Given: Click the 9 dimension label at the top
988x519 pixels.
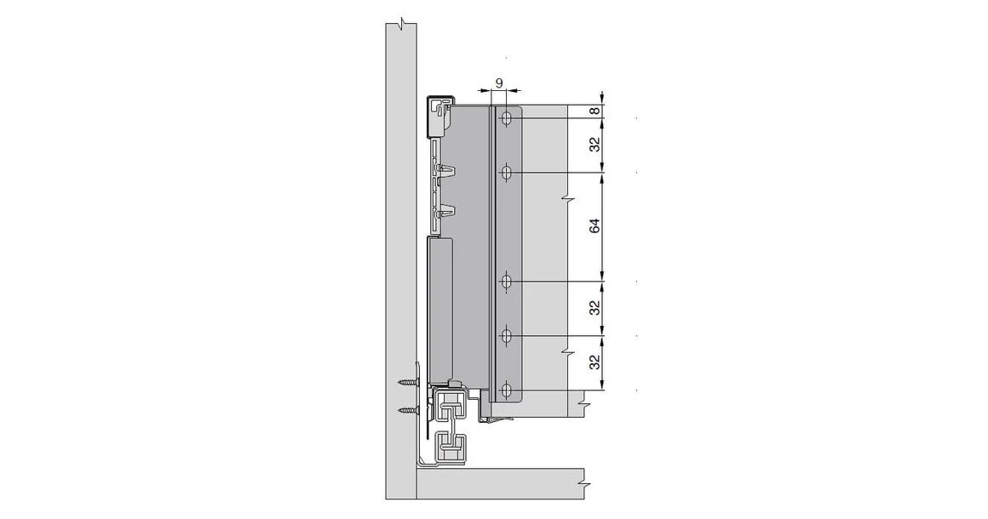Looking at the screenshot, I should pos(500,83).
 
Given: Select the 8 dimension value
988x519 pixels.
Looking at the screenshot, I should pos(595,111).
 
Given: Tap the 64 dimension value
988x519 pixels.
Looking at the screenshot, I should pos(595,226).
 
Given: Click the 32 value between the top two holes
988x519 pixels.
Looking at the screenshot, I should pos(595,145).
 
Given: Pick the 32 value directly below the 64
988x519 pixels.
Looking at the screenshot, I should pos(595,307).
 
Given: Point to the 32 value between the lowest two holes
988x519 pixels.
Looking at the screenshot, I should pos(595,362).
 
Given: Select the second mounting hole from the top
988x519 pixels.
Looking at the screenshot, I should pos(507,174).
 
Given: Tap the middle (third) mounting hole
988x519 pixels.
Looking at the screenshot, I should pos(507,281).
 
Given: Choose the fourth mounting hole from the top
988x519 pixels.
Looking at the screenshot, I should pos(507,337).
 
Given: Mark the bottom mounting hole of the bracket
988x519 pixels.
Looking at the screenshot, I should pos(507,391).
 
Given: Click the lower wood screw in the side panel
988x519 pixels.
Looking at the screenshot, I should pos(411,412).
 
